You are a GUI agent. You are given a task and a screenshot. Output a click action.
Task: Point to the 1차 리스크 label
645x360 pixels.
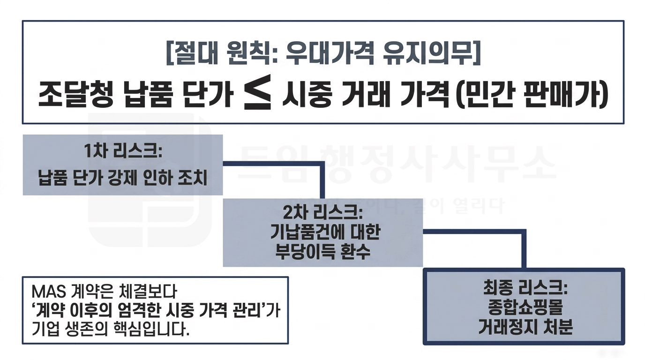pos(123,153)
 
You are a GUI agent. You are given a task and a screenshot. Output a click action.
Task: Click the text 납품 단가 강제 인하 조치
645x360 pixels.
pos(122,179)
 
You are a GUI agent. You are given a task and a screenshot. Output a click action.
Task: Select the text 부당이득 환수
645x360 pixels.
pos(322,252)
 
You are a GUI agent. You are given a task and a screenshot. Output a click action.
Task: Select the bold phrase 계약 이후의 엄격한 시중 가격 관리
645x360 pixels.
pos(150,311)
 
